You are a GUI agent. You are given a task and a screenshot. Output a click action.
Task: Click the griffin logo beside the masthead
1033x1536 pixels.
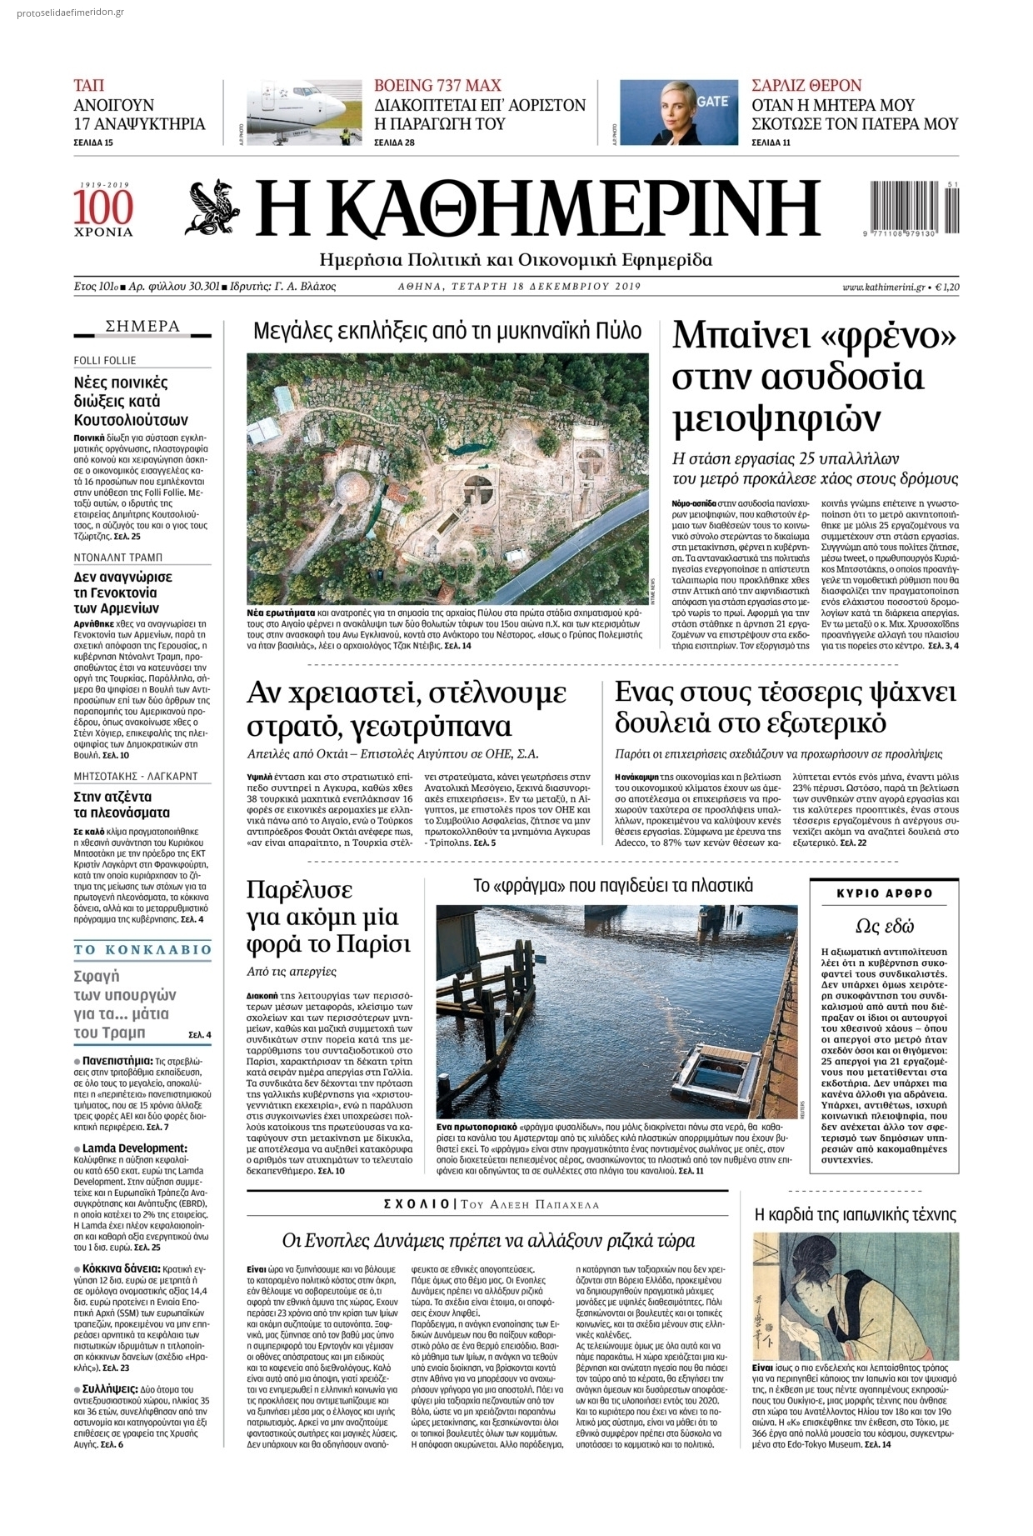point(214,208)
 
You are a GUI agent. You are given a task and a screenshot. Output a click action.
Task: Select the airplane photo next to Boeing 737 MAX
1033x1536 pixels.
point(305,113)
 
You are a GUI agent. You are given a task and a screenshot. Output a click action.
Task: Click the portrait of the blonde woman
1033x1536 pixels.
point(678,113)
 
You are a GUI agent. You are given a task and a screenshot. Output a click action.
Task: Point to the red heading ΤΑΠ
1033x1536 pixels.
point(89,85)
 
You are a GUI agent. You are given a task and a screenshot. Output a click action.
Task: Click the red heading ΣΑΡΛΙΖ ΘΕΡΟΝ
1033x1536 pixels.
point(806,85)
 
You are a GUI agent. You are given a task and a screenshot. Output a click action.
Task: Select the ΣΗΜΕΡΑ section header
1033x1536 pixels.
point(142,327)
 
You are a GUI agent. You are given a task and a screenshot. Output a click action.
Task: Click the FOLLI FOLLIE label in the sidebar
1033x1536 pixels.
point(105,360)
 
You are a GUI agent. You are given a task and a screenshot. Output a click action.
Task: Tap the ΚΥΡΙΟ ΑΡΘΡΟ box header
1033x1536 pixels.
point(884,893)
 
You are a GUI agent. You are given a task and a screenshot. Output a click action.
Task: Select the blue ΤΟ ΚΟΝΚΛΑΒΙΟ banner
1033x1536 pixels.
point(142,949)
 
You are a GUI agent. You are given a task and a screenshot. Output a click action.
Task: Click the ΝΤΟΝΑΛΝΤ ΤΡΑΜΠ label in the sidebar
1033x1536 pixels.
point(117,557)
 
